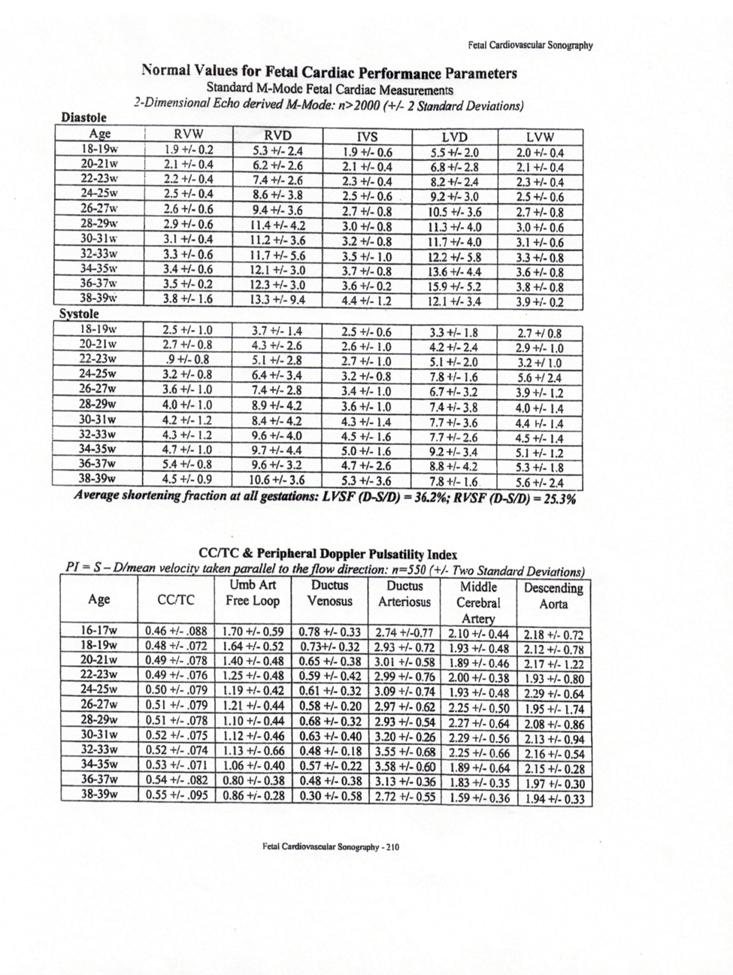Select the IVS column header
pos(367,137)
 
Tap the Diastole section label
pos(83,117)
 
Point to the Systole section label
pos(79,313)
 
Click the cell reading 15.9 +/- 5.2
pos(454,286)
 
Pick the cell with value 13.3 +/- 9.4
pos(277,301)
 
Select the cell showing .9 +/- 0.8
pos(187,359)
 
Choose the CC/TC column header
pos(176,599)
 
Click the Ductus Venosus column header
pos(330,593)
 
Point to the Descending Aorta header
pos(554,595)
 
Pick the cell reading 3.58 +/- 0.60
pos(404,766)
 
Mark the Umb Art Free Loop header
pos(253,593)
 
